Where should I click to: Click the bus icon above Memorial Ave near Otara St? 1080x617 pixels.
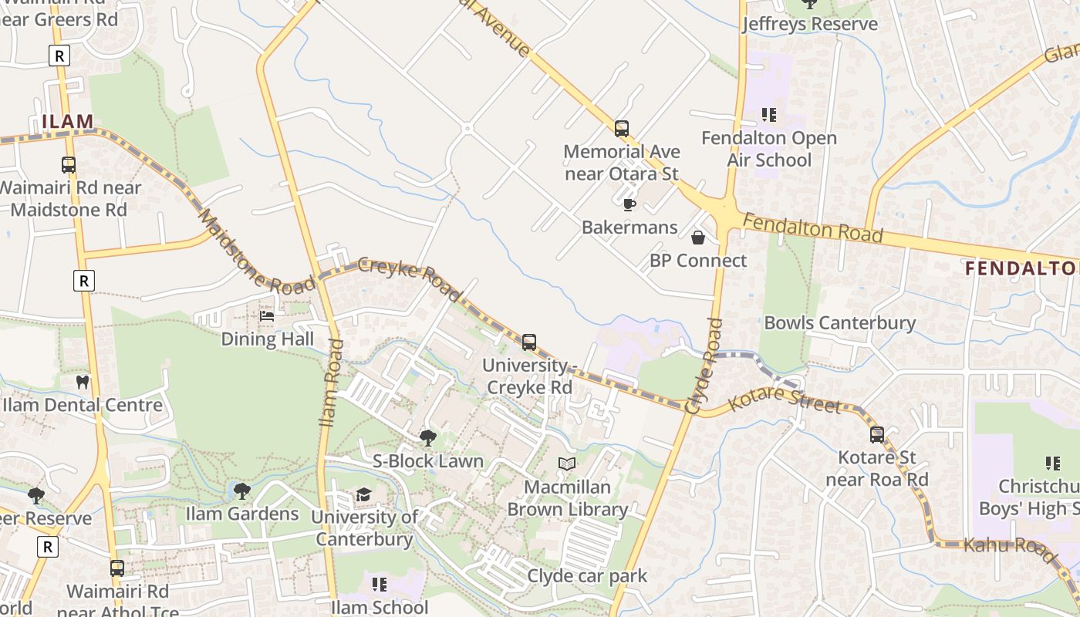[622, 128]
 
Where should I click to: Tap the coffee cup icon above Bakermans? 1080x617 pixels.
[629, 204]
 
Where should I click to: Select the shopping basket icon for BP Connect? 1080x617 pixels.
[698, 238]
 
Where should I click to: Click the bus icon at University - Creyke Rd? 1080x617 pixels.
[529, 342]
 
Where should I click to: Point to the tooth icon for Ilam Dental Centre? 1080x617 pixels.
[83, 382]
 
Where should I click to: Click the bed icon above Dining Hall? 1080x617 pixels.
[267, 316]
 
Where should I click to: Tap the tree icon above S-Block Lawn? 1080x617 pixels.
[428, 438]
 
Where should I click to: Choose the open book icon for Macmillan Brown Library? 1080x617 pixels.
[567, 464]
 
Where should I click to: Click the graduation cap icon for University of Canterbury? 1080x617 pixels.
[363, 494]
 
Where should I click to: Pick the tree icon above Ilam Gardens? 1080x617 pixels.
[242, 491]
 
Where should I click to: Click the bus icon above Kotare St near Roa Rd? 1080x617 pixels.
[877, 434]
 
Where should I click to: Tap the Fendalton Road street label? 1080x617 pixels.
[812, 229]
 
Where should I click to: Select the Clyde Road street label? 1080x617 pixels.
[703, 366]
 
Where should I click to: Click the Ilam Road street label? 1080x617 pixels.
[330, 383]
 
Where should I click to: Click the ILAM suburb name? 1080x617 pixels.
[68, 121]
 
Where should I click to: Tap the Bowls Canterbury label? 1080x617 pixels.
[839, 322]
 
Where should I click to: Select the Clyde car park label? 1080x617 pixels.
[587, 576]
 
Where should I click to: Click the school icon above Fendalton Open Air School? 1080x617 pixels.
[768, 115]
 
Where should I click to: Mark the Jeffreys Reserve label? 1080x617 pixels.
[809, 24]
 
